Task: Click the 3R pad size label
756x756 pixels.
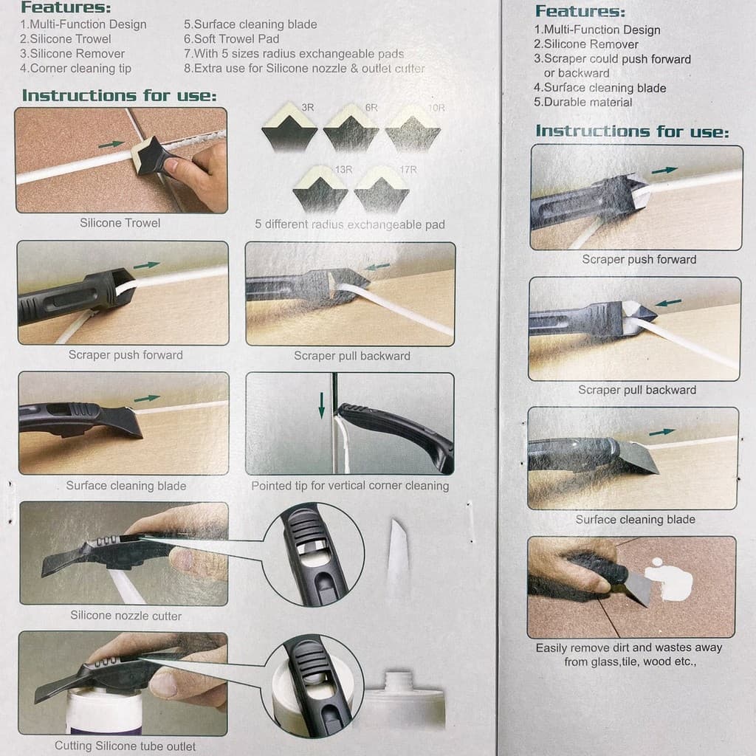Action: (308, 108)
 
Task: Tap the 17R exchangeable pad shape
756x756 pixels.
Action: (382, 190)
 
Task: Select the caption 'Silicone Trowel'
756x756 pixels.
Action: (120, 223)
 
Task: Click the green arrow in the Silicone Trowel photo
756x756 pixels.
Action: (111, 144)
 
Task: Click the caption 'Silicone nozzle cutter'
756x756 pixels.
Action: (126, 616)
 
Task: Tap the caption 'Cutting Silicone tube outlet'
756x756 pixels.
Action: (125, 746)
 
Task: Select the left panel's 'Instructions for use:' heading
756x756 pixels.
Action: (119, 95)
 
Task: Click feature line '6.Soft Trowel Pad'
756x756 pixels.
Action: (231, 39)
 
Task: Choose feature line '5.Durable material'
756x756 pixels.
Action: (583, 102)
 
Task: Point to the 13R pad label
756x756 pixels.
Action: (343, 170)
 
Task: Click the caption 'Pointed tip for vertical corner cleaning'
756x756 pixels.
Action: (350, 486)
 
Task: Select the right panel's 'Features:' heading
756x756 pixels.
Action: (580, 11)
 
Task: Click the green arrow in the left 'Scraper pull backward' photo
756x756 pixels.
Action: (377, 267)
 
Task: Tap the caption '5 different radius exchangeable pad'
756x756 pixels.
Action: (349, 224)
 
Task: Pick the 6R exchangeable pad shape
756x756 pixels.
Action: (351, 128)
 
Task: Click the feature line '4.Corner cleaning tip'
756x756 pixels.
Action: (76, 69)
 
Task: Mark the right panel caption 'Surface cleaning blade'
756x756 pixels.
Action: (636, 519)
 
